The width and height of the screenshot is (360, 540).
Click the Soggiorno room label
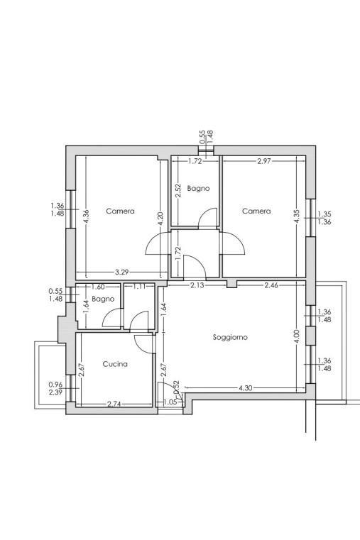click(x=230, y=338)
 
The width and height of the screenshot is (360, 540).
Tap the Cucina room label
click(x=115, y=364)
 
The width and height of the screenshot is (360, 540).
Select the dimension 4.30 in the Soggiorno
click(x=245, y=388)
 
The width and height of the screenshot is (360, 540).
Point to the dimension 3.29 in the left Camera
click(x=121, y=272)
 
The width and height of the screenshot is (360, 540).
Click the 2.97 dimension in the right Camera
click(x=264, y=161)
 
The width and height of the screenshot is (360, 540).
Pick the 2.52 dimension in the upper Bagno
click(x=178, y=190)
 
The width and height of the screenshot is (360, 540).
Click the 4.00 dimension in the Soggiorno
click(x=298, y=336)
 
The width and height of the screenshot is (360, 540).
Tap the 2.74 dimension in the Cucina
click(x=114, y=404)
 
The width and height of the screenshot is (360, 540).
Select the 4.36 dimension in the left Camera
click(x=86, y=216)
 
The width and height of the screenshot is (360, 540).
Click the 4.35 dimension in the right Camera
click(x=298, y=216)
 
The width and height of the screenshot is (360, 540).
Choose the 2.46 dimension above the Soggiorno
click(x=271, y=285)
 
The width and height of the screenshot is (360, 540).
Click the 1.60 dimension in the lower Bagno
click(x=98, y=287)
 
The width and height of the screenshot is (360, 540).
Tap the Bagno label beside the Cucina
click(x=103, y=299)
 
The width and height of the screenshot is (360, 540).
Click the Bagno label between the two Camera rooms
click(x=198, y=188)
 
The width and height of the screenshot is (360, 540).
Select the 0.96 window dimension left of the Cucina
click(x=56, y=385)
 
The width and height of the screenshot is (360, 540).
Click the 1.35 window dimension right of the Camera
click(x=324, y=214)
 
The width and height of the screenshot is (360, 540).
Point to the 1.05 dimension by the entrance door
click(x=170, y=402)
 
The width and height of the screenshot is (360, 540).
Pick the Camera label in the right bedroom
click(x=256, y=211)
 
